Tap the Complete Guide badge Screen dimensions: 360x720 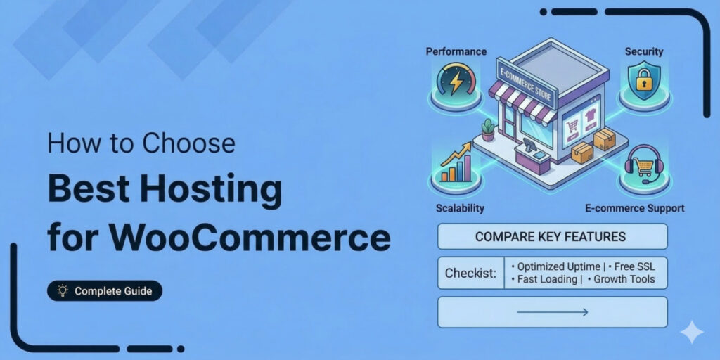pyautogui.click(x=105, y=290)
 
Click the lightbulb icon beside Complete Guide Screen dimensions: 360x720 pyautogui.click(x=63, y=290)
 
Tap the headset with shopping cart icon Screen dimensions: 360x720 pyautogui.click(x=643, y=166)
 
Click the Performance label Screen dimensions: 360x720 pyautogui.click(x=456, y=51)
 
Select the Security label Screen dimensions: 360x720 pyautogui.click(x=643, y=52)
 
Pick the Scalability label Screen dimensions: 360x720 pyautogui.click(x=456, y=208)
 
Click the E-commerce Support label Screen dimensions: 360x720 pyautogui.click(x=635, y=208)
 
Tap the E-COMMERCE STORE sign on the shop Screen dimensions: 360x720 pyautogui.click(x=526, y=83)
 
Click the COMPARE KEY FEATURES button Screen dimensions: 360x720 pyautogui.click(x=551, y=237)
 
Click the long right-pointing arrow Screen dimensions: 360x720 pyautogui.click(x=552, y=312)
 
